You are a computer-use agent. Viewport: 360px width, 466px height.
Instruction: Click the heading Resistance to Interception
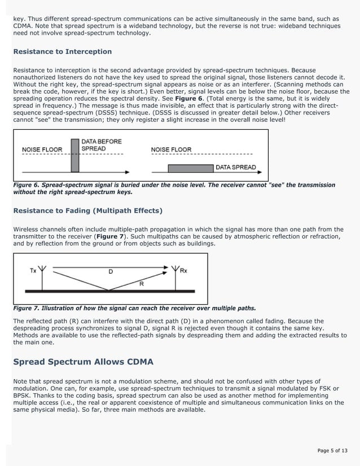click(x=62, y=51)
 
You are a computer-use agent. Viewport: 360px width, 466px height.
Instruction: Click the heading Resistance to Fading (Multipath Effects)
click(x=87, y=210)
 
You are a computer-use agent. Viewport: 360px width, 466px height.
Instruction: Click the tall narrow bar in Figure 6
click(x=75, y=155)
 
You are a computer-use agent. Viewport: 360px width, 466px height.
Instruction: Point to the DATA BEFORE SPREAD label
click(x=102, y=145)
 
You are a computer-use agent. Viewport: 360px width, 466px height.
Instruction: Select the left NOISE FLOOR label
click(x=42, y=150)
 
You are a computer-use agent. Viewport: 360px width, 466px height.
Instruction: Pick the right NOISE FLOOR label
click(x=171, y=150)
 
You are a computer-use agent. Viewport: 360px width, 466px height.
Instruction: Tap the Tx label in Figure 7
click(x=33, y=271)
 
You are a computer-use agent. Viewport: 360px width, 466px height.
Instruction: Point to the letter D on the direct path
click(x=111, y=271)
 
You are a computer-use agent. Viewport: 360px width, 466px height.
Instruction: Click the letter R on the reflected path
click(x=141, y=284)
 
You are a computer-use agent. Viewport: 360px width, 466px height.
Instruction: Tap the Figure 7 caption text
click(x=134, y=308)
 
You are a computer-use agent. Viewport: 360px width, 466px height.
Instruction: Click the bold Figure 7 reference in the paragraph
click(x=111, y=236)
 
